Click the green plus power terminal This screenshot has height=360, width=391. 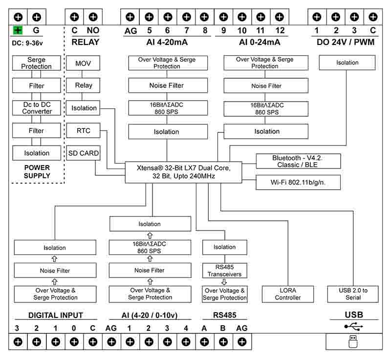pyautogui.click(x=18, y=30)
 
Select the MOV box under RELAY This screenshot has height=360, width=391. pyautogui.click(x=83, y=63)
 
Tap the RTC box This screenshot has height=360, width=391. pyautogui.click(x=83, y=130)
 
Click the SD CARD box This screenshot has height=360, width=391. pyautogui.click(x=83, y=153)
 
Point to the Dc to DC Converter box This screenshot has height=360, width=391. pyautogui.click(x=37, y=108)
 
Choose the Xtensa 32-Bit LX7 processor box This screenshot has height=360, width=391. pyautogui.click(x=183, y=171)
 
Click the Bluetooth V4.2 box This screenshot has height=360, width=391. pyautogui.click(x=298, y=161)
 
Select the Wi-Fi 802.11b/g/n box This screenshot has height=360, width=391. pyautogui.click(x=298, y=183)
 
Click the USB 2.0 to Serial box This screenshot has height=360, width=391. pyautogui.click(x=353, y=294)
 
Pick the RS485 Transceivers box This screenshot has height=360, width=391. pyautogui.click(x=225, y=271)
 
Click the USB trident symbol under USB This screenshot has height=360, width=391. pyautogui.click(x=353, y=326)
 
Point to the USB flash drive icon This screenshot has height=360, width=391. pyautogui.click(x=353, y=341)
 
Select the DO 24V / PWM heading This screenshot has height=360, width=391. pyautogui.click(x=346, y=42)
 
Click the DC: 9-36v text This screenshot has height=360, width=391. pyautogui.click(x=27, y=43)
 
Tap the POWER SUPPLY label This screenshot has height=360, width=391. pyautogui.click(x=37, y=171)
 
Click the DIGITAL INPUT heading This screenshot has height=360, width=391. pyautogui.click(x=55, y=316)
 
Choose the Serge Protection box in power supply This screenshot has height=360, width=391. pyautogui.click(x=37, y=63)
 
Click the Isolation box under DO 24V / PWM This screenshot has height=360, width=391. pyautogui.click(x=347, y=63)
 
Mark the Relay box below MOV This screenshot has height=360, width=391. pyautogui.click(x=83, y=85)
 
